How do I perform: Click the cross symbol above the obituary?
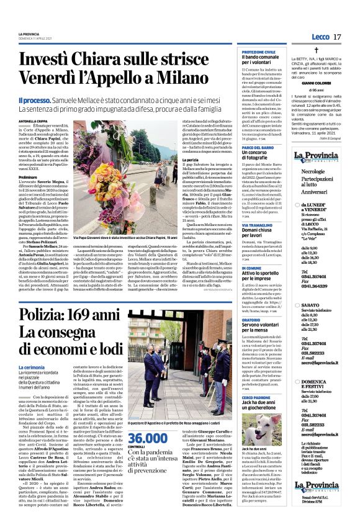tap(316, 49)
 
